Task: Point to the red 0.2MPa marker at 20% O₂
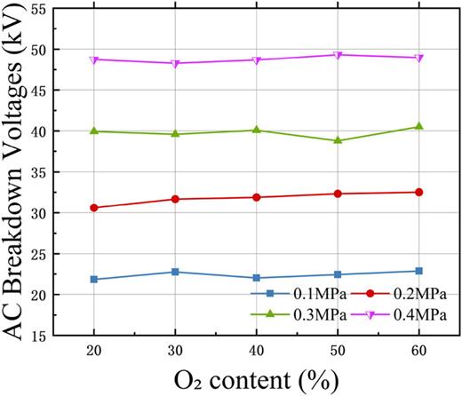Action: click(x=94, y=208)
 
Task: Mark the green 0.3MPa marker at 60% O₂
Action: click(x=418, y=127)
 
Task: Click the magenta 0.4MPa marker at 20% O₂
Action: click(x=94, y=59)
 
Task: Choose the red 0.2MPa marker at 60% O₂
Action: click(x=418, y=192)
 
